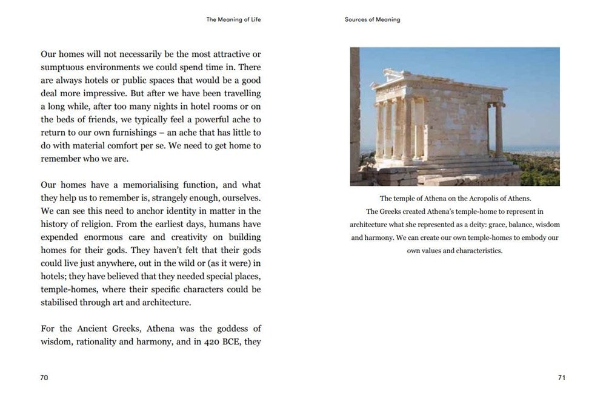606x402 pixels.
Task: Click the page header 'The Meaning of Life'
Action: coord(233,19)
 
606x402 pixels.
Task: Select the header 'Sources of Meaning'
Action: coord(372,19)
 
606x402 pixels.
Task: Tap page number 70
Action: coord(44,377)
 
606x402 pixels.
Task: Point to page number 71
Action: coord(561,377)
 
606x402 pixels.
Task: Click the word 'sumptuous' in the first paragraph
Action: coord(64,67)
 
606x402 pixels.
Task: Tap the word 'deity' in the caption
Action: coord(473,225)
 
